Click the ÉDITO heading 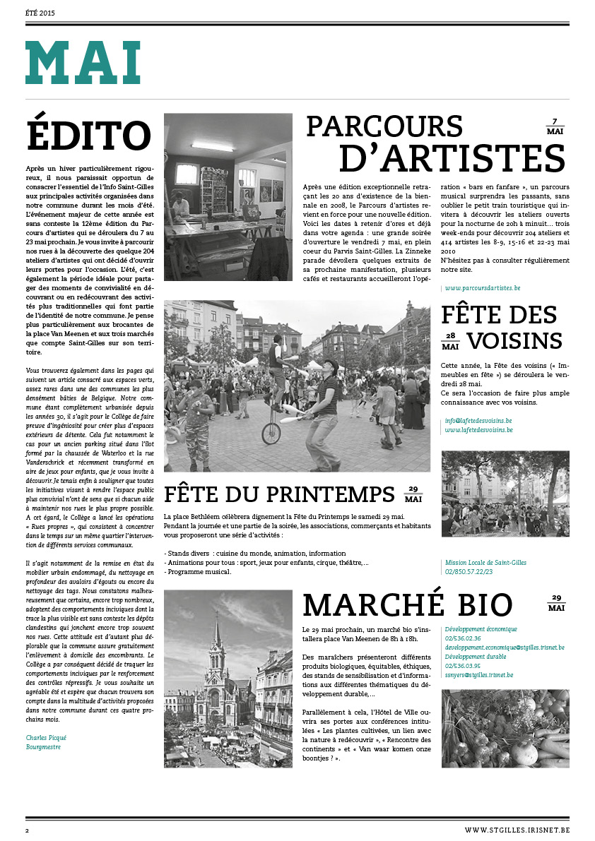(88, 136)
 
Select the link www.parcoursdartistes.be (483, 288)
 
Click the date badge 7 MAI (555, 127)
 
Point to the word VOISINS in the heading (514, 340)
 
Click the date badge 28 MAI (450, 341)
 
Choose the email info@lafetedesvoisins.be (478, 422)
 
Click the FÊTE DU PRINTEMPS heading (279, 494)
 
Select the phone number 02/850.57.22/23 (469, 572)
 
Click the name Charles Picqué (46, 737)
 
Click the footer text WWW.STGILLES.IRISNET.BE (517, 830)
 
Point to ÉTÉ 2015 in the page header (40, 13)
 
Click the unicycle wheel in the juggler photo (271, 432)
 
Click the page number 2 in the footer (27, 830)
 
